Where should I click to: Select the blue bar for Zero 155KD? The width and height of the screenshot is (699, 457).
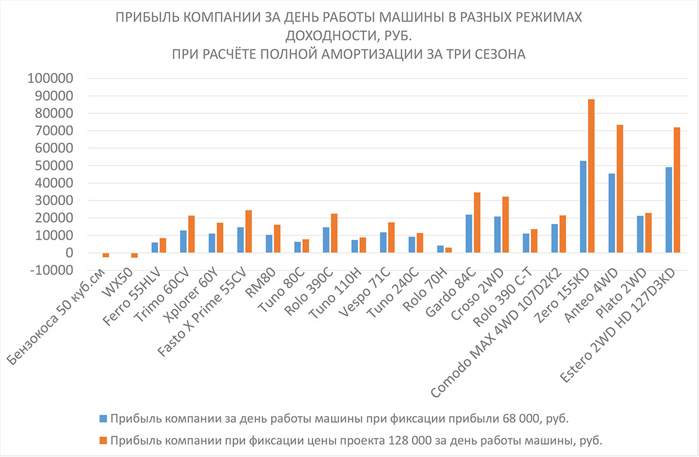[x=583, y=207]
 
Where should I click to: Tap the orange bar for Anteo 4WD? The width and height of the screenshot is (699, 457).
[x=620, y=189]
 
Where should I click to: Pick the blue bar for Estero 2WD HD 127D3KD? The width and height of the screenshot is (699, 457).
[x=669, y=210]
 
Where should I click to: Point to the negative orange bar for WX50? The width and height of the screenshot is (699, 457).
[x=135, y=255]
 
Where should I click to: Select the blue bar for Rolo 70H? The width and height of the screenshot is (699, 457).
[x=440, y=249]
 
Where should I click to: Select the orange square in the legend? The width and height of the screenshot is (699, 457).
[x=103, y=440]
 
